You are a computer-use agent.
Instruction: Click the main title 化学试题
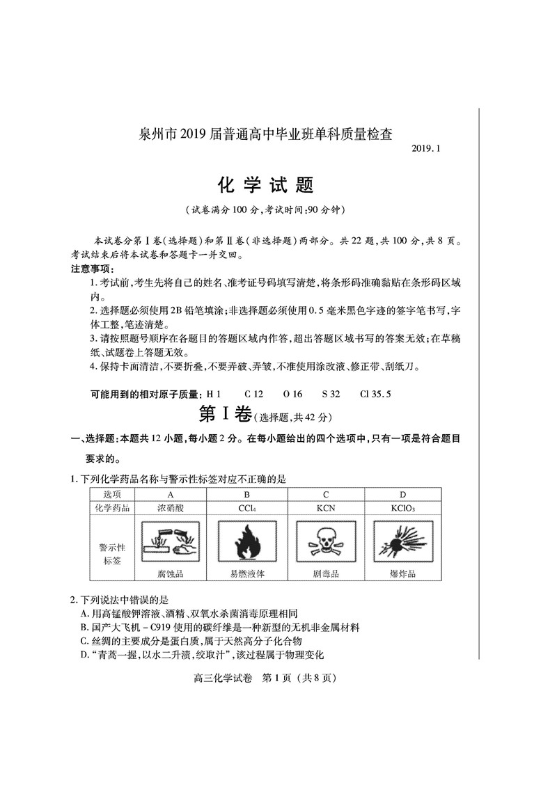pyautogui.click(x=267, y=185)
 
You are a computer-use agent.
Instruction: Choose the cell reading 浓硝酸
pyautogui.click(x=170, y=508)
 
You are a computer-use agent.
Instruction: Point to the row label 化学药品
pyautogui.click(x=111, y=508)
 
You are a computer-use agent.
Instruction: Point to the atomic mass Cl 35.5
pyautogui.click(x=375, y=394)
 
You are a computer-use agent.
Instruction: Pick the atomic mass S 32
pyautogui.click(x=331, y=394)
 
